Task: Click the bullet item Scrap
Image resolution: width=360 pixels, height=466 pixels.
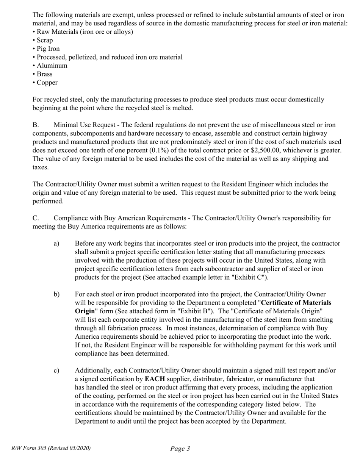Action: tap(45, 40)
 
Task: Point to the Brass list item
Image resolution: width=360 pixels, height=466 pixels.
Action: tap(44, 74)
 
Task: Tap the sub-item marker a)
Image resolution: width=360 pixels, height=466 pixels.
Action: tap(56, 244)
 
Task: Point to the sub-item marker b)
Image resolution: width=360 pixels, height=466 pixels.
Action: tap(56, 294)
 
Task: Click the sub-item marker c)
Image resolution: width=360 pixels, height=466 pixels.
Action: tap(56, 371)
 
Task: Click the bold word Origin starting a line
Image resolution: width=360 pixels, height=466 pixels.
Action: tap(85, 311)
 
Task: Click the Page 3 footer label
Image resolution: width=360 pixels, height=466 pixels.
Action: tap(180, 449)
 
